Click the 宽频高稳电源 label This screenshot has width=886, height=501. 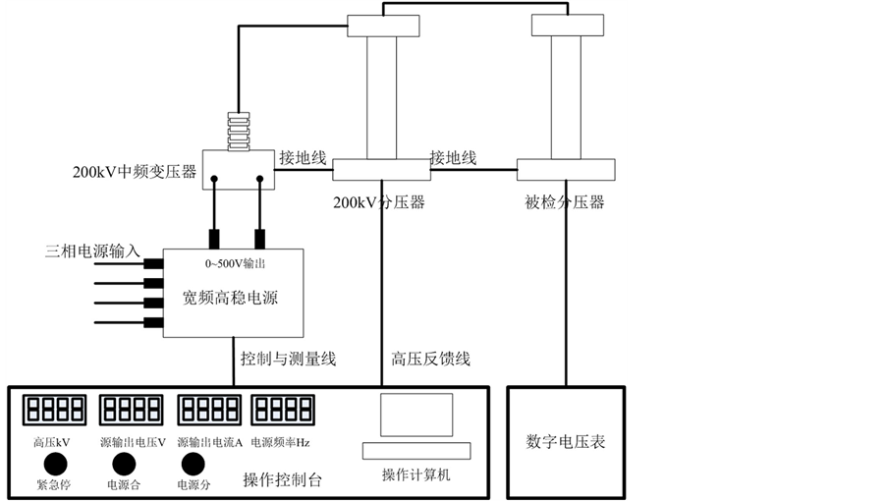232,297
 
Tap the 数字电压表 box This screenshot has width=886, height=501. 565,440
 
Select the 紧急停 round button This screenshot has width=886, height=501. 55,463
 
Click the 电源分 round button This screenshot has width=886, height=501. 194,463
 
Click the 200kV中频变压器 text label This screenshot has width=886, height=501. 134,173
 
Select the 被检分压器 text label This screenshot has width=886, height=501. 565,203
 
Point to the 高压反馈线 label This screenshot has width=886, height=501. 430,360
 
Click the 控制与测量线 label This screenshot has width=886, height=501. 288,360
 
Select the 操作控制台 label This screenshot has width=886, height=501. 282,480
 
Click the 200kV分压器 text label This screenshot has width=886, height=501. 378,203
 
